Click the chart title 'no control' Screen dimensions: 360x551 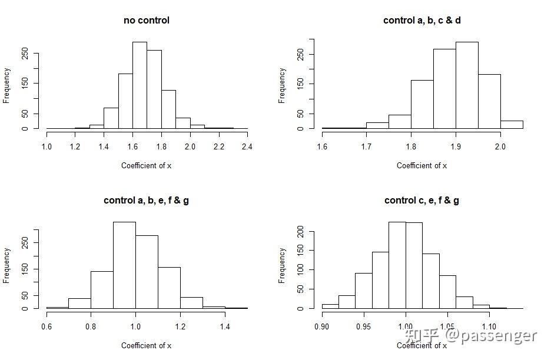coord(146,21)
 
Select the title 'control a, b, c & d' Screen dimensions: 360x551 coord(421,21)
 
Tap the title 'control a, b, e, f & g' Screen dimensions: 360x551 coord(146,201)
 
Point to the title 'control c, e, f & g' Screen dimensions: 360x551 coord(421,201)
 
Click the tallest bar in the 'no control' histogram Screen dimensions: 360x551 coord(140,85)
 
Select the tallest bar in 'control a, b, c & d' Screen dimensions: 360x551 coord(467,85)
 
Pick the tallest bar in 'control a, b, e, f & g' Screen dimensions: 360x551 coord(124,265)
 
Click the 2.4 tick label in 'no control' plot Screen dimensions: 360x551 coord(247,146)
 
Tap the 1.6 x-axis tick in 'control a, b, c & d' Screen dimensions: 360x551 coord(322,146)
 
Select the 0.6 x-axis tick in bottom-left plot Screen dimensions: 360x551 coord(47,326)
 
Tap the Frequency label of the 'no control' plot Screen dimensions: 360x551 coord(7,85)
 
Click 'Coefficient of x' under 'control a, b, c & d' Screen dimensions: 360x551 coord(421,165)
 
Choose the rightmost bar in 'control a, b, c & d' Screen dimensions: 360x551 coord(512,125)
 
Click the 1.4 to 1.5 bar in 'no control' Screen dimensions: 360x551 coord(111,118)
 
